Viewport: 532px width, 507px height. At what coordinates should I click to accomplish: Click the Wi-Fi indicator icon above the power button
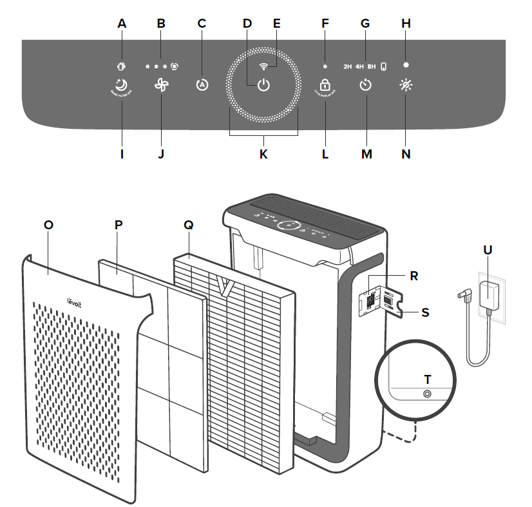point(263,66)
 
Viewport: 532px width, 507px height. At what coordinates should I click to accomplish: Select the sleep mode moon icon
point(120,84)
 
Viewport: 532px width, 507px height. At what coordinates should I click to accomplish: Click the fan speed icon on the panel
point(161,85)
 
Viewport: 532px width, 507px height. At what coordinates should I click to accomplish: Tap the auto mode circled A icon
point(202,85)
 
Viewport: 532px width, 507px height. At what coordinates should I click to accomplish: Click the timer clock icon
point(365,85)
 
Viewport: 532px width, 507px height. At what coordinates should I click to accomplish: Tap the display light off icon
point(405,85)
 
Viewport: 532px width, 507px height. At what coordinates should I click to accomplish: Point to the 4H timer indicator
point(359,66)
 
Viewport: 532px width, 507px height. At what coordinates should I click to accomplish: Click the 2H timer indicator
point(348,66)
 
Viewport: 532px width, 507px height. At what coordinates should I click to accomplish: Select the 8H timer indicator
point(372,66)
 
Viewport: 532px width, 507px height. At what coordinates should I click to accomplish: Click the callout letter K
point(263,155)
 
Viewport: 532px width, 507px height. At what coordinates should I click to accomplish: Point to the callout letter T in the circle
point(426,378)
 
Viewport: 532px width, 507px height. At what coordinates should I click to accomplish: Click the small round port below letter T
point(426,394)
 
